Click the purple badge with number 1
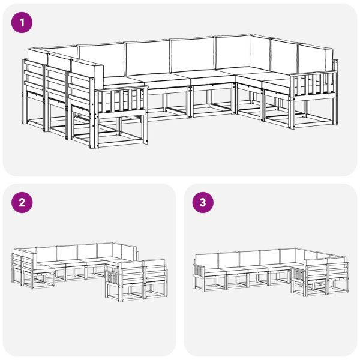[x=23, y=23]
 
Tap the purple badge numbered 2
[x=23, y=203]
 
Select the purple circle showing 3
[x=203, y=203]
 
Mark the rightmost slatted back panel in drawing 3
[x=338, y=271]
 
